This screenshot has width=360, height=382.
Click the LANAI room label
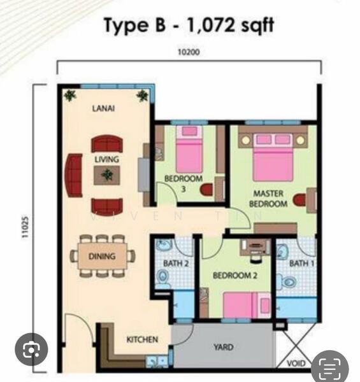coord(103,108)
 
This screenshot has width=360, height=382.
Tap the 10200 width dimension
coord(189,52)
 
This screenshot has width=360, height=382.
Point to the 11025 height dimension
coord(25,227)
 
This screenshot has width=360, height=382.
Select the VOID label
coord(296,364)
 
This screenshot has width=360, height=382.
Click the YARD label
coord(224,347)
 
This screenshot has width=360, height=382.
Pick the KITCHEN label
coord(142,339)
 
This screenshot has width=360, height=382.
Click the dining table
coord(103,256)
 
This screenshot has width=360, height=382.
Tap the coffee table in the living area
coord(107,175)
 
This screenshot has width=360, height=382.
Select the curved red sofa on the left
coord(73,175)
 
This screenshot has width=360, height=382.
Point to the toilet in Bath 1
coord(287,282)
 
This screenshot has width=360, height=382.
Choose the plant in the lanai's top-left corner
coord(70,95)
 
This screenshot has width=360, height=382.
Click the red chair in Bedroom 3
coord(206,190)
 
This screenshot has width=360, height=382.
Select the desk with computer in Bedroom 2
coord(255,246)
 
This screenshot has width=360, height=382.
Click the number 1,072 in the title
coord(211,25)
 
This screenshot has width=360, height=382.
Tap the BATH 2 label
coord(176,263)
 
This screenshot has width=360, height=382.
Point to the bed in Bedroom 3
coord(189,149)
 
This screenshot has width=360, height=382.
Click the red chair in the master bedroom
coord(299,200)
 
